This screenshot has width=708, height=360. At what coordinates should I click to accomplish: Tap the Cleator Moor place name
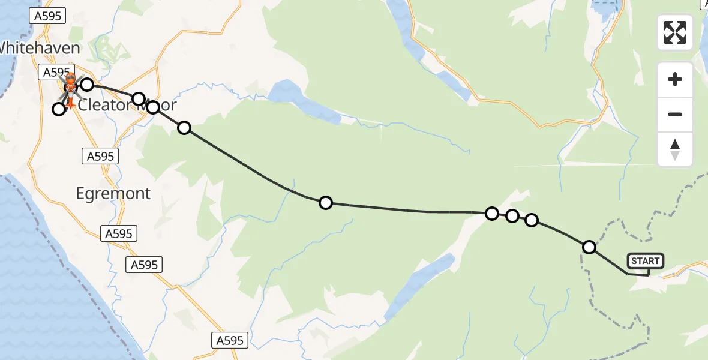point(127,105)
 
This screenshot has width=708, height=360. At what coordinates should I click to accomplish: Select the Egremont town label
point(113,193)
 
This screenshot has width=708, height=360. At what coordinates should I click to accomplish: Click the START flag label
point(646,261)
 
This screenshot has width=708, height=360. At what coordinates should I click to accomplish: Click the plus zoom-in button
point(675,79)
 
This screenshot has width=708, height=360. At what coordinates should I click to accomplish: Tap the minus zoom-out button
point(675,114)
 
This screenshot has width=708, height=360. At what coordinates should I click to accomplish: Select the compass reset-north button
point(675,149)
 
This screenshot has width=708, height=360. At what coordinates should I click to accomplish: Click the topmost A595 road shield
point(48,16)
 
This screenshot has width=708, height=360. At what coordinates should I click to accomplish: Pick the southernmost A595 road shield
point(230,341)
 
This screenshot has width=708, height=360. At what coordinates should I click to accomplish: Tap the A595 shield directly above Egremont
point(100,157)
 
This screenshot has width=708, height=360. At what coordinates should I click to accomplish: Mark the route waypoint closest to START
point(589,247)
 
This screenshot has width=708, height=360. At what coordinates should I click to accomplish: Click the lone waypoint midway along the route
point(325,203)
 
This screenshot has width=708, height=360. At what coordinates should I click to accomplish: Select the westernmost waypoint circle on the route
point(58,109)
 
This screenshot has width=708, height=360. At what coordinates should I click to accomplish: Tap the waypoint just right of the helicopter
point(87,85)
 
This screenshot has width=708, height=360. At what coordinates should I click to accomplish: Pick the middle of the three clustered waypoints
point(512,216)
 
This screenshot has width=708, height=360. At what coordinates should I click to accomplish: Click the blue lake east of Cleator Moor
point(300,100)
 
